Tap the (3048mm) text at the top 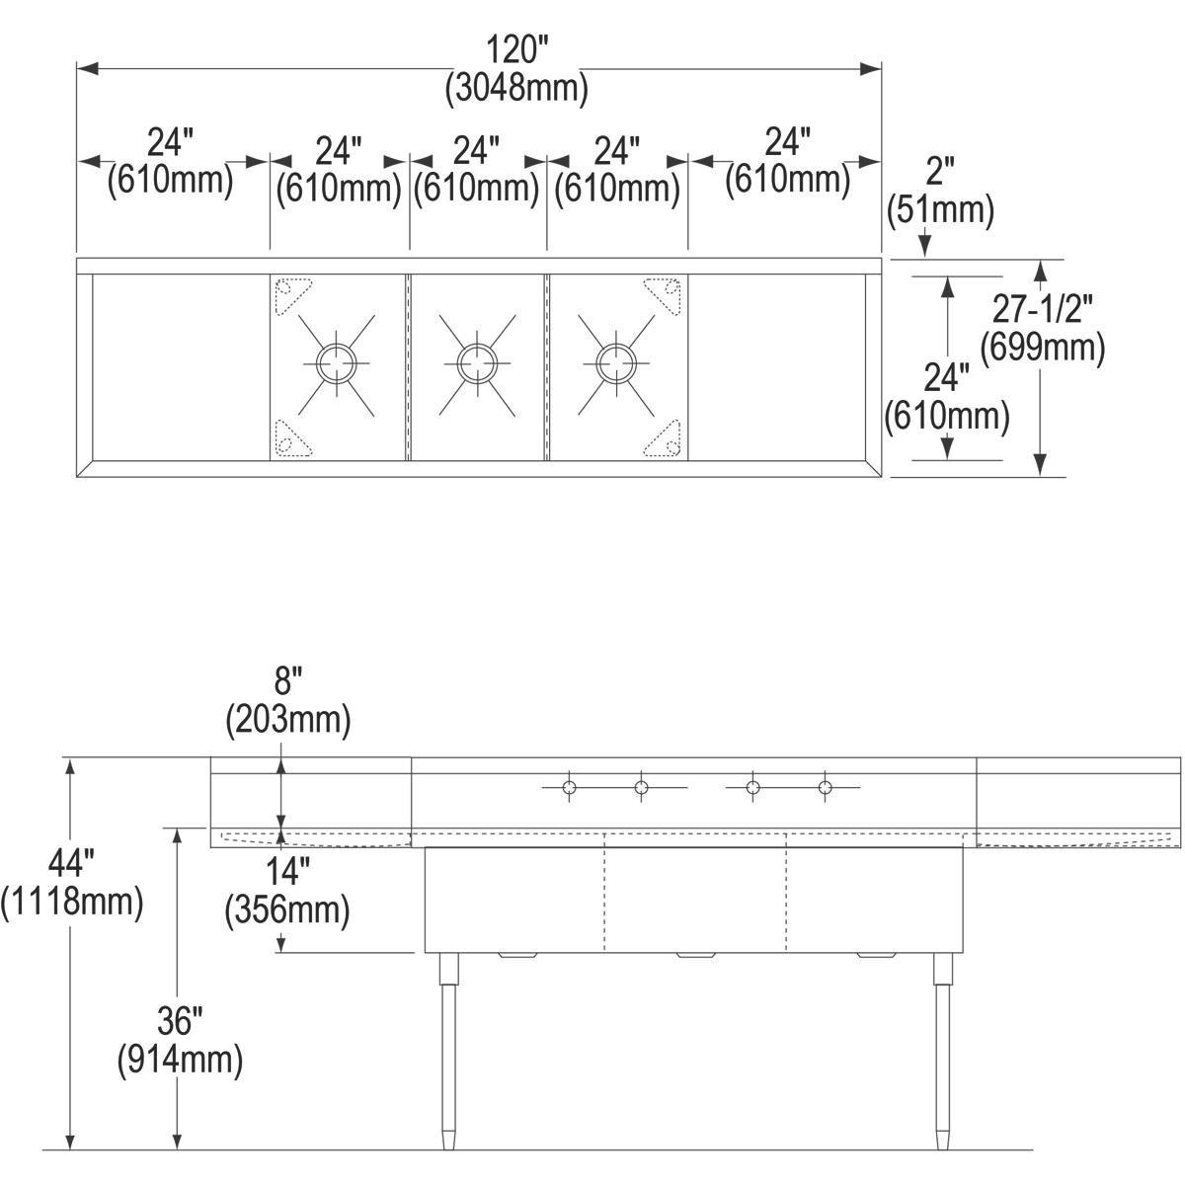click(x=515, y=90)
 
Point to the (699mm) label click(x=1042, y=347)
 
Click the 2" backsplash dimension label click(x=940, y=174)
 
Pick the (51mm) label click(x=940, y=210)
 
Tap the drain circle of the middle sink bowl click(x=477, y=362)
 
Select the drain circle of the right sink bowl click(x=614, y=362)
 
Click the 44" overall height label click(x=71, y=864)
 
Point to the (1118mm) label click(x=72, y=901)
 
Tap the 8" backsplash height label click(x=287, y=681)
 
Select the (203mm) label click(x=288, y=720)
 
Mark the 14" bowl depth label click(x=287, y=872)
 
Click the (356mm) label click(x=287, y=909)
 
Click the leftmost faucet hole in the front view click(x=570, y=787)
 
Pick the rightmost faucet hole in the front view click(x=824, y=787)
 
